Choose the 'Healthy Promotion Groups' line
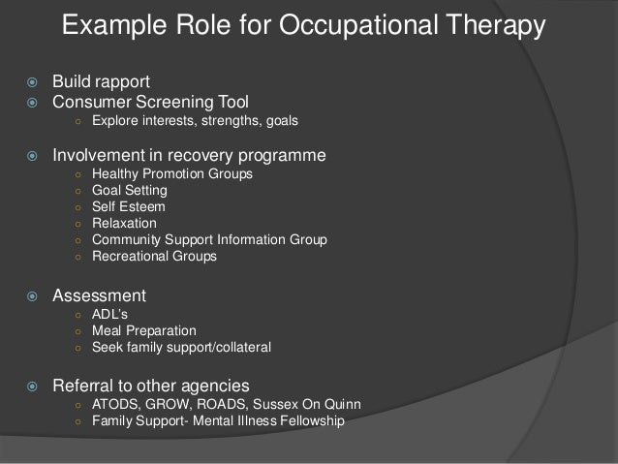[x=172, y=174]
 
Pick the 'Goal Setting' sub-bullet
[x=129, y=191]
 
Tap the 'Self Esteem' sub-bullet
[x=129, y=207]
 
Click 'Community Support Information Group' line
[x=209, y=240]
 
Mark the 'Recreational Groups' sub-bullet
[x=154, y=257]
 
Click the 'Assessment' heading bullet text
[x=100, y=295]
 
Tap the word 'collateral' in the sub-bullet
[x=239, y=347]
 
